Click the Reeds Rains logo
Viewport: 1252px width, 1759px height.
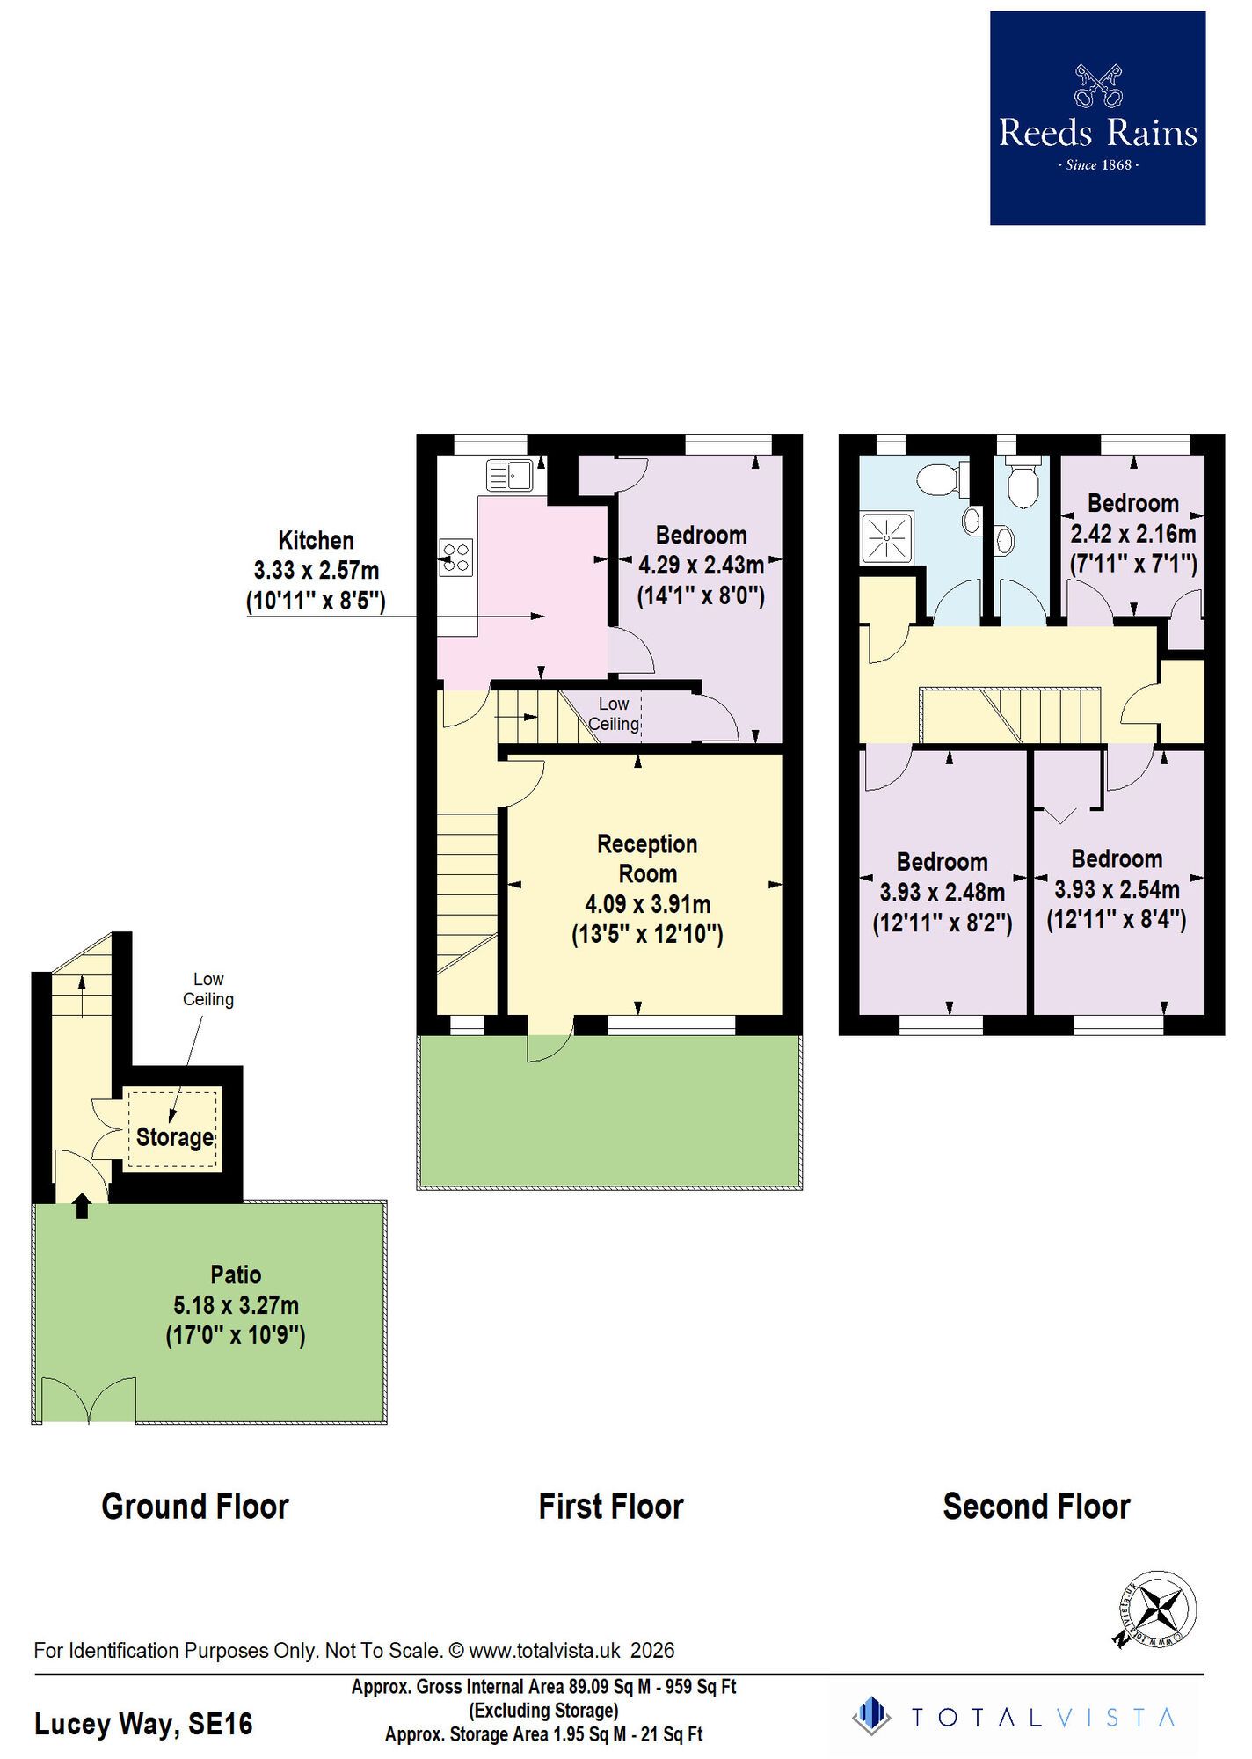1097,119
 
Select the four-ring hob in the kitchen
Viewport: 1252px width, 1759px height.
456,558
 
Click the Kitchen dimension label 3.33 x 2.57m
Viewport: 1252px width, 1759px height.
316,571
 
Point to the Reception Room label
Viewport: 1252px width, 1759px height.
647,859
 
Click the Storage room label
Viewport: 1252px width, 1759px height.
175,1137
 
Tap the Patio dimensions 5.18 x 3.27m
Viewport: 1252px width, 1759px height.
236,1305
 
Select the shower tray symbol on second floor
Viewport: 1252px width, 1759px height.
886,537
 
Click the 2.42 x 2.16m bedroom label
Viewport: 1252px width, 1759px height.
1132,534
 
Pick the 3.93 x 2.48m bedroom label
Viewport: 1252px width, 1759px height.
942,892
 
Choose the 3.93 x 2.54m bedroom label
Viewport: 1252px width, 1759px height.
1117,889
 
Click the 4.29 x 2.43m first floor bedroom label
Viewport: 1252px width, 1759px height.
701,565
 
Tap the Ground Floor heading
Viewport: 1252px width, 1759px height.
195,1507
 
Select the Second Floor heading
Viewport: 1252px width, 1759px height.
1037,1507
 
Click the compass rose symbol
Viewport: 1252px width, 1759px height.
1158,1609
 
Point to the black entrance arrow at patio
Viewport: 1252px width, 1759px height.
82,1205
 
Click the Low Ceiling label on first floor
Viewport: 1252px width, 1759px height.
614,714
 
